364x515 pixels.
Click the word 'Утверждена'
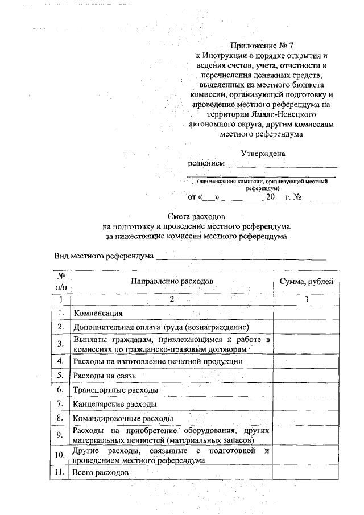263,153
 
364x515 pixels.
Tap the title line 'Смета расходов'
197,217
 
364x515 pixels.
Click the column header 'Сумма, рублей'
306,281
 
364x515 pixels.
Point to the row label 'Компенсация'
98,313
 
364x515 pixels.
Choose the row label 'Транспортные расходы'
114,390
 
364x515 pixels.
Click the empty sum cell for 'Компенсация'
306,312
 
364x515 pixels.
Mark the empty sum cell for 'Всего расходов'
306,472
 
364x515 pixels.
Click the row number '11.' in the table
59,472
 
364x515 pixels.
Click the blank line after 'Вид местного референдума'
241,256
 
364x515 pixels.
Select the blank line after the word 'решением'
281,165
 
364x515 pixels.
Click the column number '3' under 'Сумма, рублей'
306,299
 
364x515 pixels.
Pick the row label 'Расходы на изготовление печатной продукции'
158,361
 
